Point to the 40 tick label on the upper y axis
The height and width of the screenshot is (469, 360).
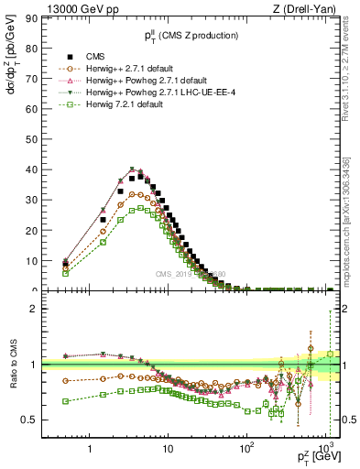click(29, 169)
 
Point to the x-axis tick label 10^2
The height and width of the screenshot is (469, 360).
click(245, 449)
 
